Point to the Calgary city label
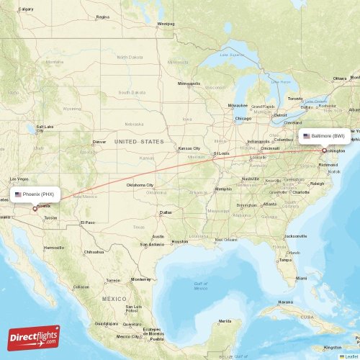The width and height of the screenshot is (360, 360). coord(26,9)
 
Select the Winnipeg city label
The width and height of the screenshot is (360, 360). coord(166,23)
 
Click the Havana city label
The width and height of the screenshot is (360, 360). coord(286,302)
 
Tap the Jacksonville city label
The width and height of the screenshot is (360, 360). coord(295,236)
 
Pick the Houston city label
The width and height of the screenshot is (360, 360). coord(180,241)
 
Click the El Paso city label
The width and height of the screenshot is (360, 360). coord(88,222)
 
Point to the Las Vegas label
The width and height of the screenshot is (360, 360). coord(19,179)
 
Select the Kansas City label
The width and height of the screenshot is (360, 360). coord(189,149)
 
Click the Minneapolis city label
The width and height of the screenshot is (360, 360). coord(189,84)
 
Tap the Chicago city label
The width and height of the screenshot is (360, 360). coord(242,118)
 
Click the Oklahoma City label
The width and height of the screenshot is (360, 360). coord(140,185)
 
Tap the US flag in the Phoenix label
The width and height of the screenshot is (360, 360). coord(18,194)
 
